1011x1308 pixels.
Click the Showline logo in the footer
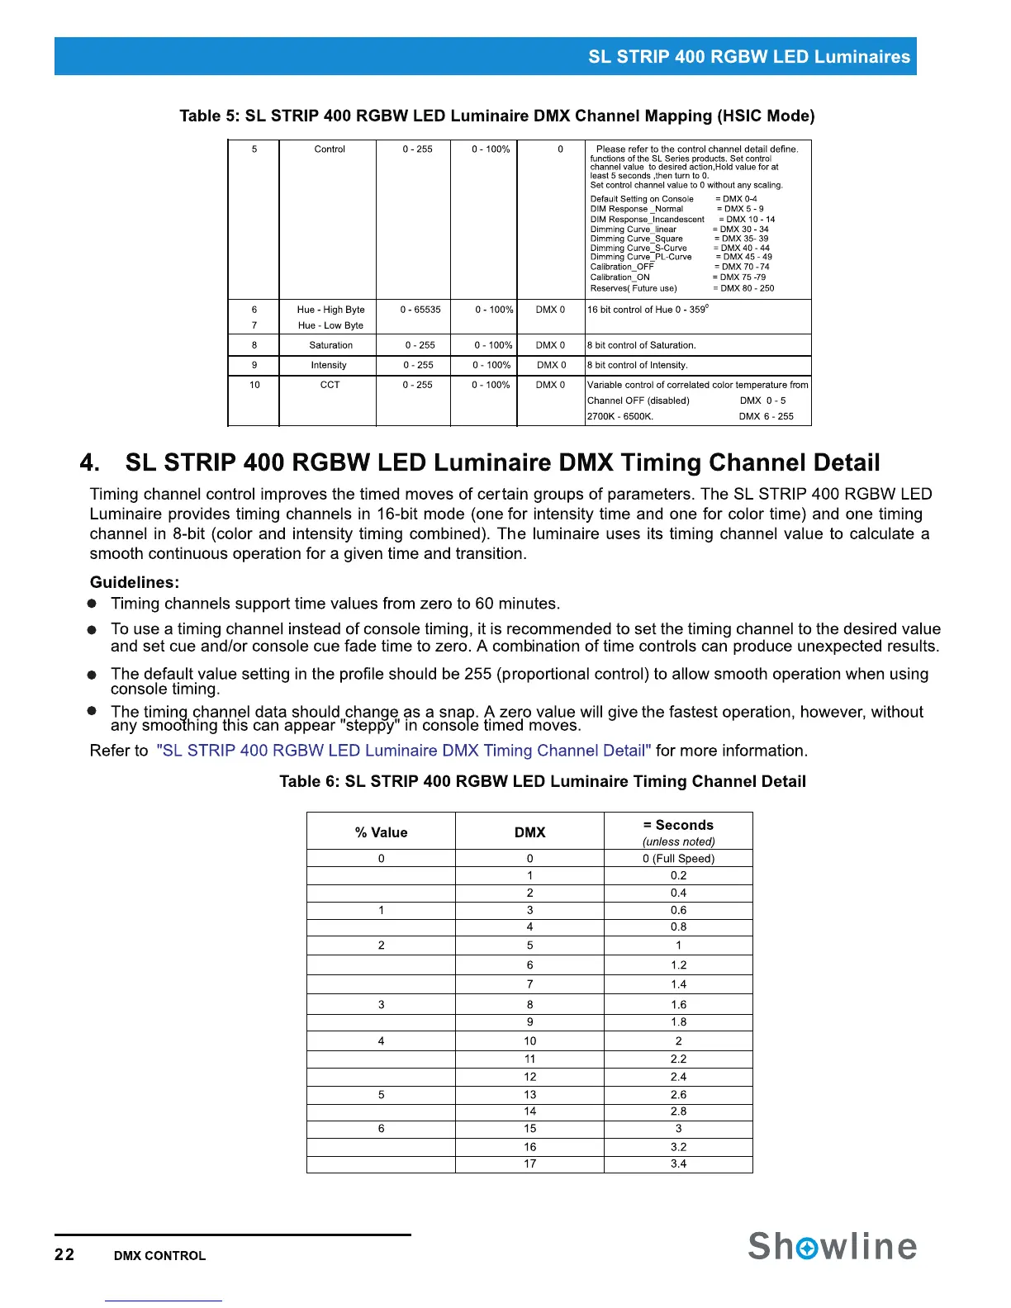(x=832, y=1246)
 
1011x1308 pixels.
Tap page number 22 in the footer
(x=64, y=1254)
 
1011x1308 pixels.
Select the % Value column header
(x=381, y=832)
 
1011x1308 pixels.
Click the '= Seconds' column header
(x=678, y=825)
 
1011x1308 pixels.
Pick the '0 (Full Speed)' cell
(x=678, y=859)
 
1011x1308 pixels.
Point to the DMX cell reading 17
(x=529, y=1163)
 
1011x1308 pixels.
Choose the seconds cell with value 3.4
(x=678, y=1163)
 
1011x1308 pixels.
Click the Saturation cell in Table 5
(x=330, y=345)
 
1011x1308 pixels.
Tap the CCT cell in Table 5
(x=330, y=385)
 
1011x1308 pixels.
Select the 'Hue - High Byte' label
(x=330, y=310)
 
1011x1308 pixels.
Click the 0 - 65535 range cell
(x=420, y=310)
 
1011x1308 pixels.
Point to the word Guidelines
(x=135, y=582)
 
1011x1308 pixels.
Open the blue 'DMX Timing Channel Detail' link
(x=403, y=751)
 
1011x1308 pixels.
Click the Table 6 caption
(x=542, y=781)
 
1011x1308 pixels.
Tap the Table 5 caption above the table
(x=496, y=116)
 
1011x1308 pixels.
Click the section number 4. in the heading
(x=89, y=462)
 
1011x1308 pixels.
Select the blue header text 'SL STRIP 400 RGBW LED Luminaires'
(x=748, y=57)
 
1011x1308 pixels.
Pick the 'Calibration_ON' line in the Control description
(x=619, y=277)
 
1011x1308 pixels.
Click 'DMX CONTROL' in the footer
(x=159, y=1255)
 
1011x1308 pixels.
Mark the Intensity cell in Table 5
(x=329, y=365)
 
